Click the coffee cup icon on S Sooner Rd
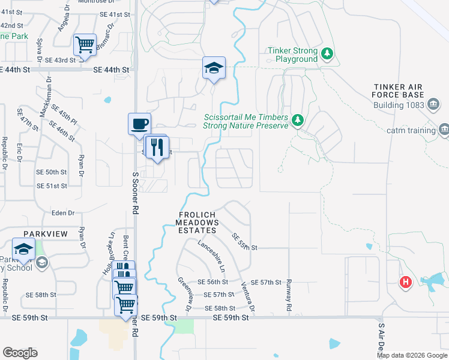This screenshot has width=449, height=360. point(140,124)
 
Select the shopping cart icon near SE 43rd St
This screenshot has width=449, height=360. point(85,44)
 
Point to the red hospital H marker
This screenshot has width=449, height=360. point(406,281)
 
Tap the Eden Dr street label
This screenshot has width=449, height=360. point(63,213)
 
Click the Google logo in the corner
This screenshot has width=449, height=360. point(20,353)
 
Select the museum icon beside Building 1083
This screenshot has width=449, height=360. point(432,104)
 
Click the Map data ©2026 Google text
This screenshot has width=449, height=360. point(412,355)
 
